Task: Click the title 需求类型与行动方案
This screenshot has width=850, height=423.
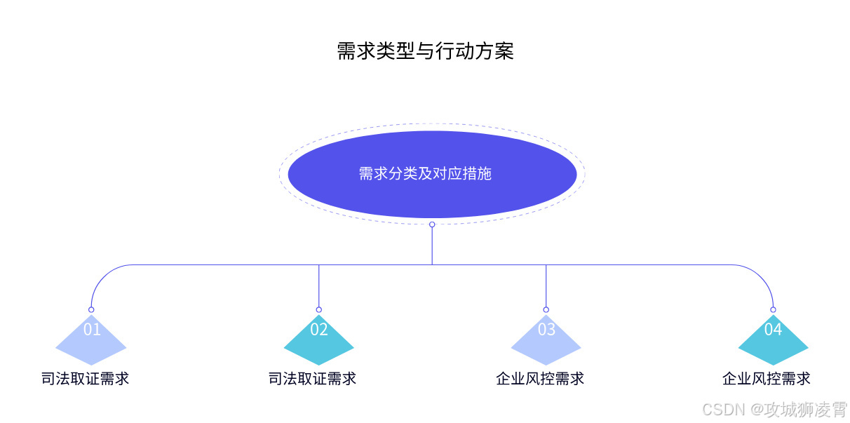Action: tap(425, 51)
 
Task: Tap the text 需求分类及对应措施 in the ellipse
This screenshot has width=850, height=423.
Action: tap(425, 173)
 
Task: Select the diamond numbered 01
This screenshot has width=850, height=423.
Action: tap(91, 340)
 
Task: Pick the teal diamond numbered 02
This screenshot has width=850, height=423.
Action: tap(318, 341)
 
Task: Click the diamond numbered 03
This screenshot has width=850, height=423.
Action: tap(546, 340)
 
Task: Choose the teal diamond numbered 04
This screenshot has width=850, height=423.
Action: tap(773, 341)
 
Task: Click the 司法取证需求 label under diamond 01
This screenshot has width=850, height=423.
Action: tap(86, 379)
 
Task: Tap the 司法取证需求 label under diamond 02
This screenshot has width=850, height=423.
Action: tap(313, 379)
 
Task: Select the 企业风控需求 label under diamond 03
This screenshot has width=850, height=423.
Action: tap(540, 379)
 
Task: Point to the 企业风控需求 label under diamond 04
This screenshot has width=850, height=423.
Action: tap(767, 379)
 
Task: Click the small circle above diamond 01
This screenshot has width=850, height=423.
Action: tap(91, 309)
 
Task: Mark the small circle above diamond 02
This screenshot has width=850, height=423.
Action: tap(318, 309)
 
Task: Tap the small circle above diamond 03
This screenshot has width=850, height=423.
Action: tap(546, 309)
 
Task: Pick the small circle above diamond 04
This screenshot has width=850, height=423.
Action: tap(773, 309)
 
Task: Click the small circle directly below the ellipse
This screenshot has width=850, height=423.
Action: tap(432, 224)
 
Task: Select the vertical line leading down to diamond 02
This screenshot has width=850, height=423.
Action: tap(318, 286)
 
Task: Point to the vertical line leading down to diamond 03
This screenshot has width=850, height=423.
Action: tap(546, 286)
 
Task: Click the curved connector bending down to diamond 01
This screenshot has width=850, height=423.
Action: tap(102, 275)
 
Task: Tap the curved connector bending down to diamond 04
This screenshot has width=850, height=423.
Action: tap(762, 275)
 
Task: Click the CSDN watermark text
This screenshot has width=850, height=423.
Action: tap(774, 409)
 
